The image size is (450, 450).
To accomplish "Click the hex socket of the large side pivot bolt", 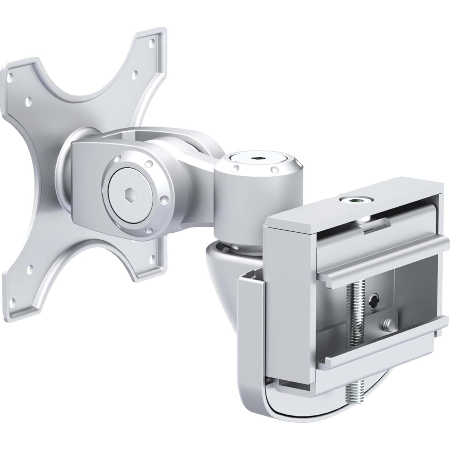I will [x=130, y=199].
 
